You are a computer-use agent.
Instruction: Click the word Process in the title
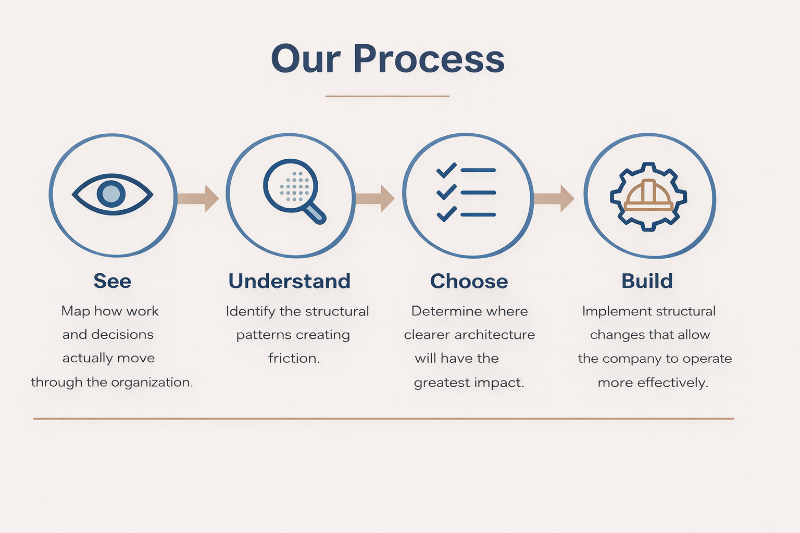pyautogui.click(x=429, y=59)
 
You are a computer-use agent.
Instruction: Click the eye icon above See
pyautogui.click(x=112, y=194)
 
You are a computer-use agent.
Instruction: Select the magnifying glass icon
pyautogui.click(x=294, y=191)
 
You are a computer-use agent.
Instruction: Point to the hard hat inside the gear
pyautogui.click(x=648, y=195)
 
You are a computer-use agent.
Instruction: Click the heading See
pyautogui.click(x=113, y=281)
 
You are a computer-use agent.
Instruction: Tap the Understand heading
pyautogui.click(x=290, y=281)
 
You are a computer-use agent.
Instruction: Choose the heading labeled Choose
pyautogui.click(x=469, y=281)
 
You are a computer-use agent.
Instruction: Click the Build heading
pyautogui.click(x=647, y=281)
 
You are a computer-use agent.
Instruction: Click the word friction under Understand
pyautogui.click(x=294, y=358)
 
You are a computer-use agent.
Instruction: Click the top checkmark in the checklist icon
pyautogui.click(x=446, y=170)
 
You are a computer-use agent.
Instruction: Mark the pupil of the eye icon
pyautogui.click(x=111, y=194)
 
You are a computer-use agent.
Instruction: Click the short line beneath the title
pyautogui.click(x=387, y=96)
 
